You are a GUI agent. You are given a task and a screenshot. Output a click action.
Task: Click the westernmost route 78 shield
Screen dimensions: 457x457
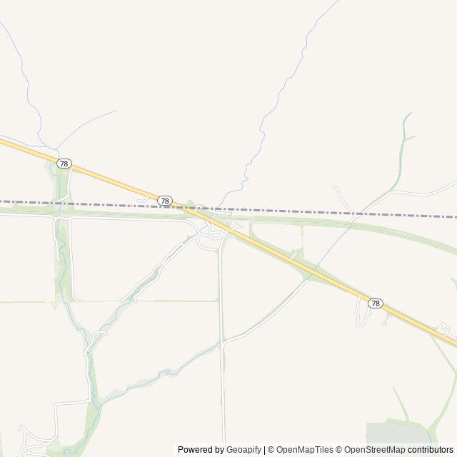tap(64, 164)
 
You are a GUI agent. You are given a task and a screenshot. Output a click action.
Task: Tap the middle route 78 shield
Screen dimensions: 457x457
tap(165, 201)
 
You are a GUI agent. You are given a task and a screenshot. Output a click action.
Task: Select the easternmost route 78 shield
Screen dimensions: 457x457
tap(376, 303)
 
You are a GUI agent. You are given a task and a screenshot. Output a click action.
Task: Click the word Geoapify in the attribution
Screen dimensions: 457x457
tap(243, 450)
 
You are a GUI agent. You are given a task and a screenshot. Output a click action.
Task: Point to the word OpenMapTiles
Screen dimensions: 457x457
tap(305, 450)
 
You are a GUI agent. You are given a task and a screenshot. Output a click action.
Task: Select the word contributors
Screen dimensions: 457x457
tap(431, 450)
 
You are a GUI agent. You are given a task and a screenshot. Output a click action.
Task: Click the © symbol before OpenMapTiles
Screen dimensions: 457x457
tap(271, 450)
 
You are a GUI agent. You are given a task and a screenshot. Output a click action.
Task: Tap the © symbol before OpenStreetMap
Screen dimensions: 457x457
tap(340, 450)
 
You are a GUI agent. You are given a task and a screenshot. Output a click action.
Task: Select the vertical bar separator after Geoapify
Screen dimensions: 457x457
tap(264, 450)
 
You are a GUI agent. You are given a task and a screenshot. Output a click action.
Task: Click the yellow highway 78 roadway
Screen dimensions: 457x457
tap(114, 181)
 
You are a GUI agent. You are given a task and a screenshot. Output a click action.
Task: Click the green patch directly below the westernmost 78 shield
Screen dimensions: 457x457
tap(63, 187)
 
